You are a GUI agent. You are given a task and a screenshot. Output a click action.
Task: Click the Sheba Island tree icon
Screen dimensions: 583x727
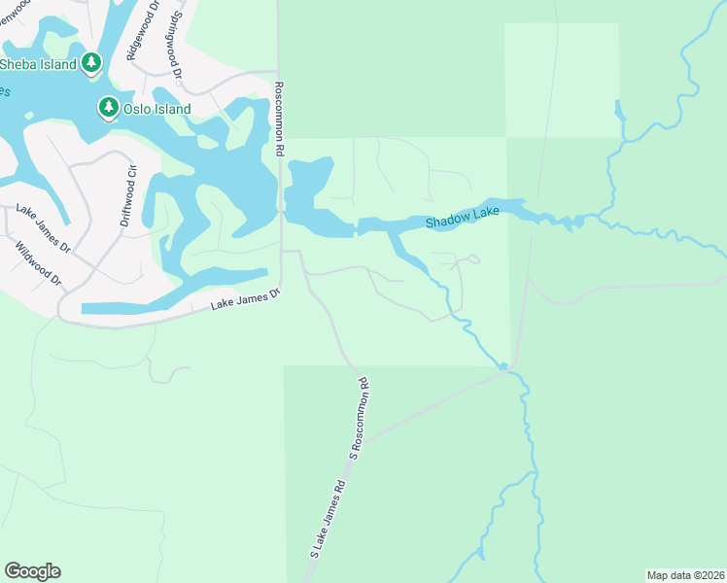(91, 63)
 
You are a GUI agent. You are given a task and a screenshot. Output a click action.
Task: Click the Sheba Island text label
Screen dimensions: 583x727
(37, 64)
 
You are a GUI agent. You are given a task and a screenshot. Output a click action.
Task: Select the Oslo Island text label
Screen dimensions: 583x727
(156, 109)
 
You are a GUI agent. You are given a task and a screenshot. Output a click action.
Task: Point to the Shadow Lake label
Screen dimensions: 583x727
(463, 219)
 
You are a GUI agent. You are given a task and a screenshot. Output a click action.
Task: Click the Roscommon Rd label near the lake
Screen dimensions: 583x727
(278, 119)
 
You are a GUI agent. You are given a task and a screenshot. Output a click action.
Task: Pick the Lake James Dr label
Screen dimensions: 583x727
(44, 229)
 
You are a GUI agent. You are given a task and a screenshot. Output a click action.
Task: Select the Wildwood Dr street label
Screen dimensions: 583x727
(38, 263)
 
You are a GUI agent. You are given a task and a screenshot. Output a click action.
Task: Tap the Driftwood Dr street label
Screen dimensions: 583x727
(128, 195)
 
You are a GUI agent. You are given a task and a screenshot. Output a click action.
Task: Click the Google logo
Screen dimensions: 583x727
(32, 571)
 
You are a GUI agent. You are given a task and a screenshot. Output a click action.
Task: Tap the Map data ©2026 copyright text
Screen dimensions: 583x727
(684, 574)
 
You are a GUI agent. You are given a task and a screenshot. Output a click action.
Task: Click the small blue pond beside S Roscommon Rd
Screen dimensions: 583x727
(503, 366)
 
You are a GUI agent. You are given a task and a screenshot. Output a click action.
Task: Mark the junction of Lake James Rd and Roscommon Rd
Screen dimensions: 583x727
(282, 252)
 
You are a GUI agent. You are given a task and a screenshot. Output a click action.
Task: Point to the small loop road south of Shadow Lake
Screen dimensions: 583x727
(472, 258)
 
